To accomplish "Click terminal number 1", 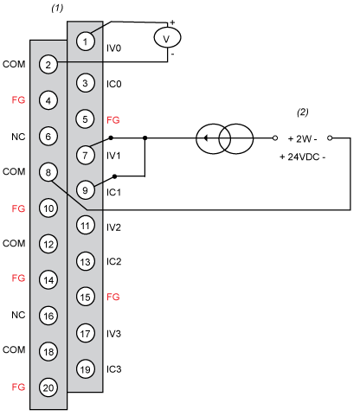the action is [x=85, y=42].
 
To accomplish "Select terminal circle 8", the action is [x=48, y=172].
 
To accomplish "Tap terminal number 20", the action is [x=48, y=387].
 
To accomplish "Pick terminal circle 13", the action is [x=85, y=262].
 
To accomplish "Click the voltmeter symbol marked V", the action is [x=167, y=38].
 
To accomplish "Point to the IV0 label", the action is [x=113, y=48].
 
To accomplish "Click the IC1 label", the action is [x=113, y=192].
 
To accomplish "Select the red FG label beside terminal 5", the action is [x=113, y=120].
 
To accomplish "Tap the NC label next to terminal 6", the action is [x=18, y=137].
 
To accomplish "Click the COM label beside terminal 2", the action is [x=14, y=64].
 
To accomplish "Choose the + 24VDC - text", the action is [x=303, y=157].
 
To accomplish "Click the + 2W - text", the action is [x=303, y=139].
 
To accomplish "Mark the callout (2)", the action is [x=303, y=112].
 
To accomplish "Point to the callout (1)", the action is [x=57, y=8].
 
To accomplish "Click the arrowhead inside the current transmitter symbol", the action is [x=205, y=138].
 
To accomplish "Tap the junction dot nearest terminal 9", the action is [x=114, y=176].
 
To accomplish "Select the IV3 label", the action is [x=113, y=334].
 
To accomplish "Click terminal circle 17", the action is [x=85, y=334].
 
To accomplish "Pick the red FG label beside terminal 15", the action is [x=113, y=297].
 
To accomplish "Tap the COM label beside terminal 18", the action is [x=14, y=349].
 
